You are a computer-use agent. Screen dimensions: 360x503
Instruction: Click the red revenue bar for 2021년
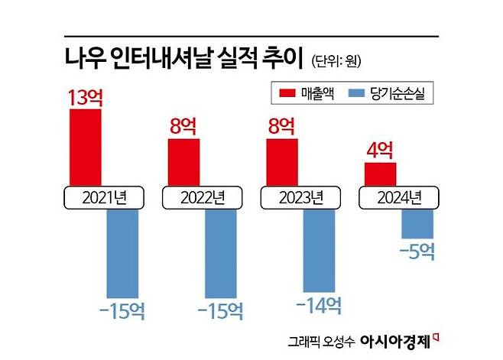pos(85,147)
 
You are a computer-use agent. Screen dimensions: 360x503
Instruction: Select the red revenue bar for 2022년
pos(183,162)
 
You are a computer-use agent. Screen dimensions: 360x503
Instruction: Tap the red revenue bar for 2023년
pos(281,162)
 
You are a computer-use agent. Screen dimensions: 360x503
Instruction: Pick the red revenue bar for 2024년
pos(380,174)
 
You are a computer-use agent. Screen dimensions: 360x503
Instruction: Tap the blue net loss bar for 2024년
pos(417,222)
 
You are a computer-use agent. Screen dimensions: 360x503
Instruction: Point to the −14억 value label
pos(318,306)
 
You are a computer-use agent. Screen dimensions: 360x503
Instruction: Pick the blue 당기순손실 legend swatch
pos(359,93)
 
